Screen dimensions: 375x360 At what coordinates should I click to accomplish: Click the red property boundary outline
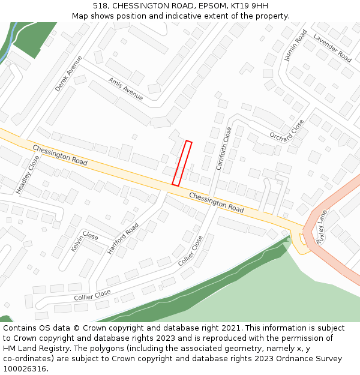(182, 163)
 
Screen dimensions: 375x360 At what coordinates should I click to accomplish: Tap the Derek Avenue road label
(68, 74)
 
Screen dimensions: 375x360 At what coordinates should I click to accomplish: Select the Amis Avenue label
(125, 88)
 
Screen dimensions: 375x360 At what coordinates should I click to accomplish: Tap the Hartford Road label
(123, 238)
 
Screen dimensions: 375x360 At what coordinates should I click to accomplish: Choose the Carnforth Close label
(223, 148)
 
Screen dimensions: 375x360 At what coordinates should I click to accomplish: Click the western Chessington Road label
(60, 155)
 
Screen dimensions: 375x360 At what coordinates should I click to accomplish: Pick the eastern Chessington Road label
(217, 202)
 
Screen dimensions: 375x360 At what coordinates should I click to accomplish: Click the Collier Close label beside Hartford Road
(191, 251)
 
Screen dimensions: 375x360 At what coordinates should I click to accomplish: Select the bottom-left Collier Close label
(92, 295)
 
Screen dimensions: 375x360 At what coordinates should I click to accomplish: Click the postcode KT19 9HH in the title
(251, 5)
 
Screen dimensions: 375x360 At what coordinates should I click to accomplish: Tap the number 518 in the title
(100, 5)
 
